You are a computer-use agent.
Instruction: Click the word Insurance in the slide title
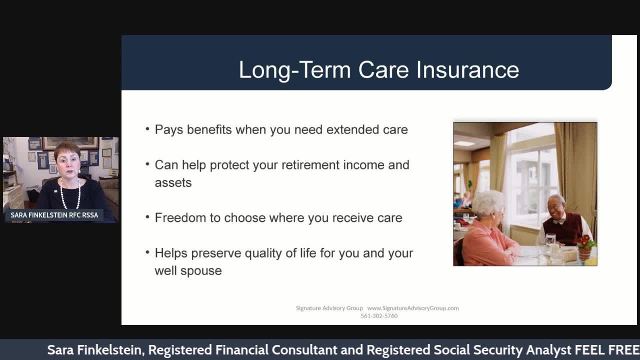467,69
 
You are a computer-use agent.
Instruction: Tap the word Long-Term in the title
295,70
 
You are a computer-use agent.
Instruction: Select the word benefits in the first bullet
209,129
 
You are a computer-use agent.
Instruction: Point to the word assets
173,183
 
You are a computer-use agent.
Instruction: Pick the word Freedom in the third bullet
180,217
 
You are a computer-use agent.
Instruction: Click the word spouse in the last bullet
201,271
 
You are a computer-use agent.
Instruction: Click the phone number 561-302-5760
379,315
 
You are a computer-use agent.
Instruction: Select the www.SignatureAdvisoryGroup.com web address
413,308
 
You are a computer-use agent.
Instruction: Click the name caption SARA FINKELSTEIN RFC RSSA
54,215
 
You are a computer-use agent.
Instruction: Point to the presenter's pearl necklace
70,195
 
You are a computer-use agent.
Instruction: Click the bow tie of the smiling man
558,221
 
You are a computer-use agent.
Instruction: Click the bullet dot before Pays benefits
147,129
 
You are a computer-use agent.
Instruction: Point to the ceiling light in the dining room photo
464,143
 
